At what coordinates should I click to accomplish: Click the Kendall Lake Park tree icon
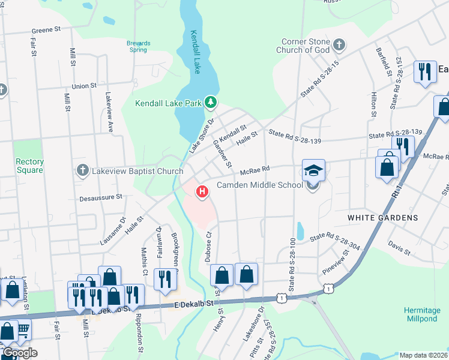210,103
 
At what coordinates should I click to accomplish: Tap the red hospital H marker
203,192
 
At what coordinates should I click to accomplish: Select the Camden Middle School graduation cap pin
313,170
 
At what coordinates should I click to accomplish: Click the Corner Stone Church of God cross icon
339,45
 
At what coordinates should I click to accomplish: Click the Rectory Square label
29,166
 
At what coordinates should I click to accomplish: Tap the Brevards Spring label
138,47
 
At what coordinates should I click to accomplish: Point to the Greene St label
47,29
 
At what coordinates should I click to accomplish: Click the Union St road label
84,86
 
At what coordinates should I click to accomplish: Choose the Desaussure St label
101,196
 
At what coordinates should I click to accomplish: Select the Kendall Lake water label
195,52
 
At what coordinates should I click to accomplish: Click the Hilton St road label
373,104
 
